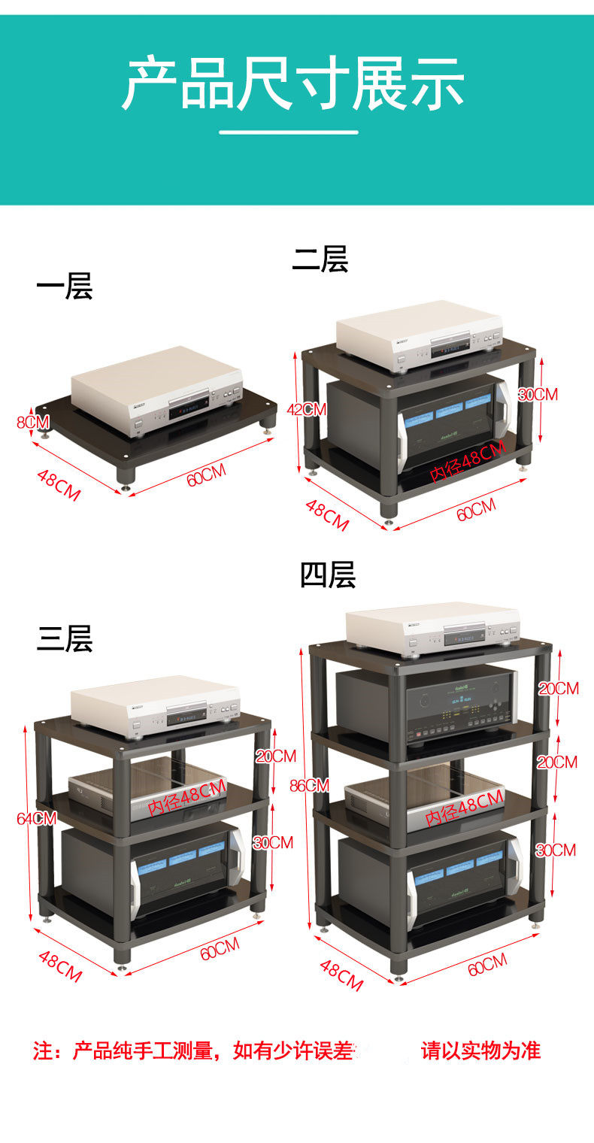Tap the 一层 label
click(x=65, y=287)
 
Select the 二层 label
click(x=320, y=259)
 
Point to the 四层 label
click(x=328, y=575)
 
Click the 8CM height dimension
click(x=33, y=423)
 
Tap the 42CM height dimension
click(x=307, y=409)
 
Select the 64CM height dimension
click(x=37, y=818)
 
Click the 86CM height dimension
click(x=309, y=785)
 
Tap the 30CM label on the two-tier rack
click(x=538, y=393)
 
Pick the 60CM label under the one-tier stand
click(x=206, y=475)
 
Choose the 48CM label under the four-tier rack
click(x=341, y=975)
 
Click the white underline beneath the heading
click(x=289, y=132)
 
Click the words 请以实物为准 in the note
click(x=480, y=1051)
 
